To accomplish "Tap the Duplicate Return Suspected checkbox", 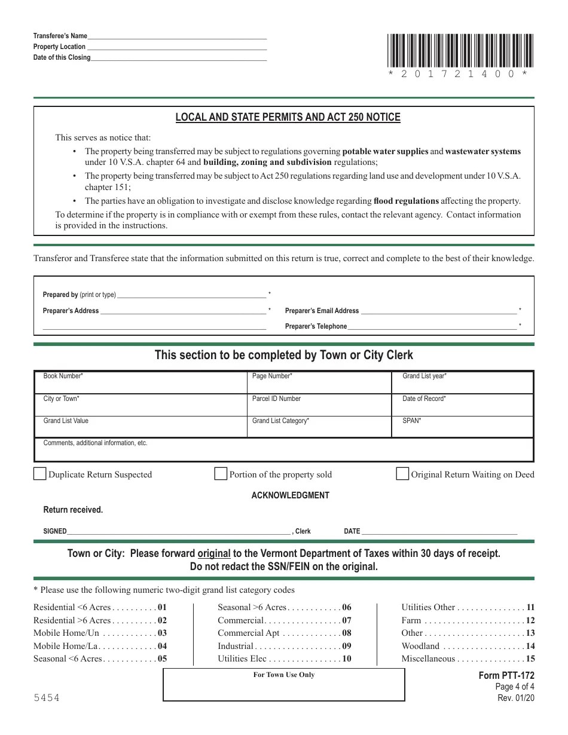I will [39, 474].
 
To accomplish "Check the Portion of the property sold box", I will [221, 474].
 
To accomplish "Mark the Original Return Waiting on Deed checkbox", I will [402, 474].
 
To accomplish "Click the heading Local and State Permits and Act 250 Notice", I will [288, 117].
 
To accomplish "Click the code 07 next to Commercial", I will [347, 620].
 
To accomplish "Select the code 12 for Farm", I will [530, 620].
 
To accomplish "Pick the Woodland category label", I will [420, 646].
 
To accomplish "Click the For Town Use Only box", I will [284, 684].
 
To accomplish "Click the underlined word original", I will [214, 553].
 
